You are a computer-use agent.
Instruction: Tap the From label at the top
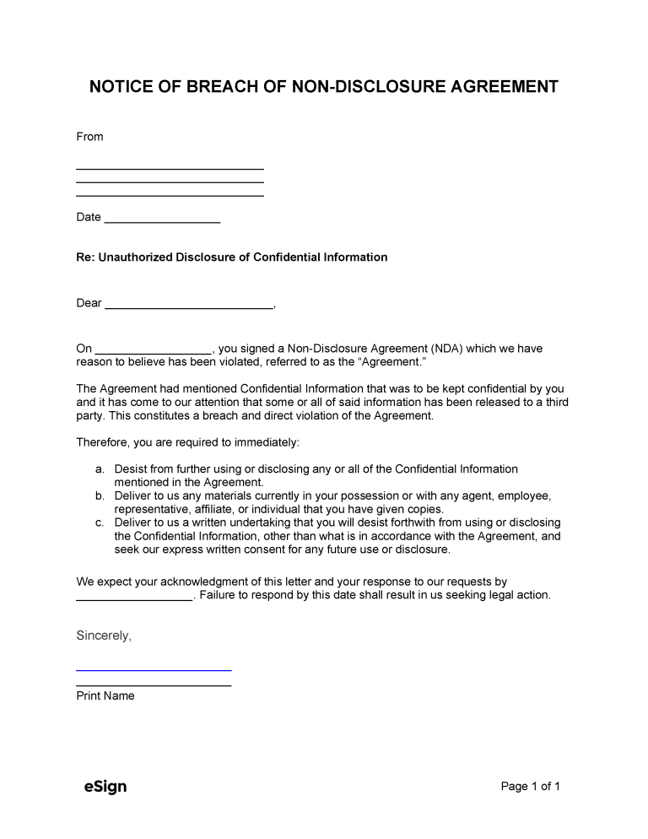click(x=89, y=137)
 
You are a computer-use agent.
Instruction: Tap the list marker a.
click(x=100, y=469)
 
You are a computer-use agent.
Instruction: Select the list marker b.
click(x=100, y=496)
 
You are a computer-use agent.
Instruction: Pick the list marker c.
click(x=100, y=523)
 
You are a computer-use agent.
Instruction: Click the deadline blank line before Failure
click(x=135, y=598)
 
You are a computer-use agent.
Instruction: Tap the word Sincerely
click(x=104, y=636)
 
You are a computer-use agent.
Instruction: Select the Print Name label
click(x=105, y=696)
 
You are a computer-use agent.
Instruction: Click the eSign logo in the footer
click(x=105, y=787)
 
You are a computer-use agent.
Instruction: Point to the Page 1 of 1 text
click(x=530, y=787)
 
